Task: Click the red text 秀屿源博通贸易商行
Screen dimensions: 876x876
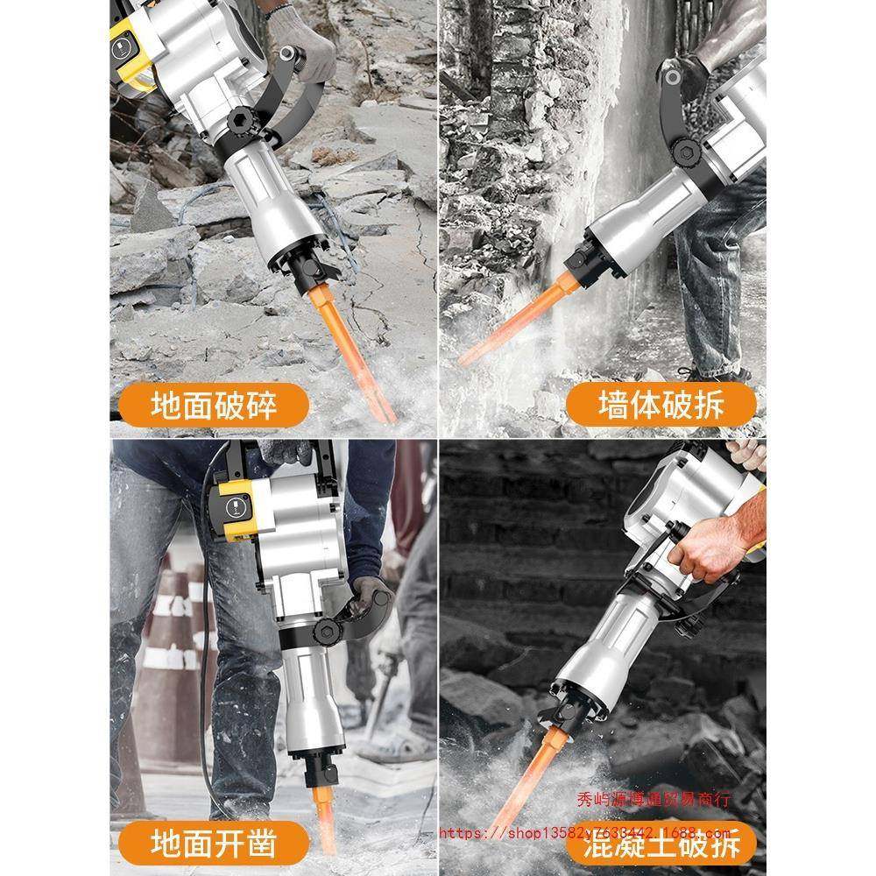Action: click(x=653, y=798)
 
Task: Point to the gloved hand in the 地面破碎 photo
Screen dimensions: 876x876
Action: click(x=302, y=39)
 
